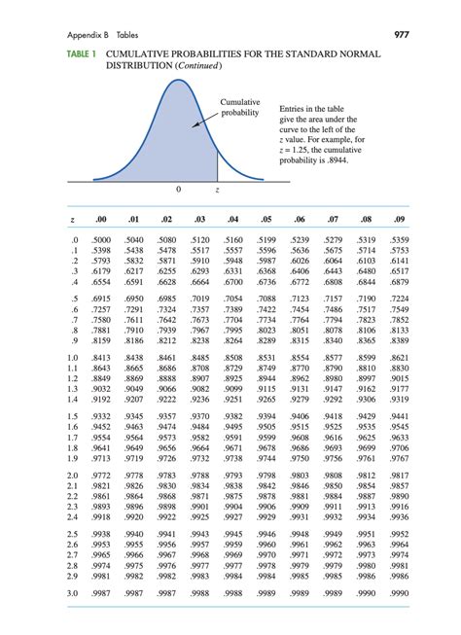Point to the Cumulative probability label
(x=240, y=107)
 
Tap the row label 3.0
(x=63, y=592)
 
